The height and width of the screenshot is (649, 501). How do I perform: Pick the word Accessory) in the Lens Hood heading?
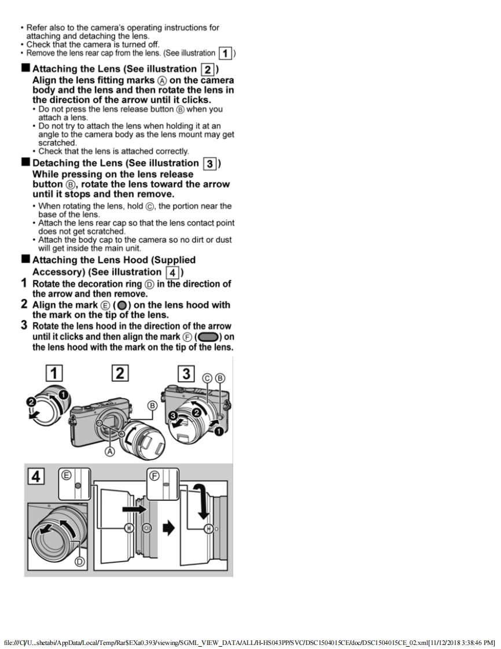tap(63, 272)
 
